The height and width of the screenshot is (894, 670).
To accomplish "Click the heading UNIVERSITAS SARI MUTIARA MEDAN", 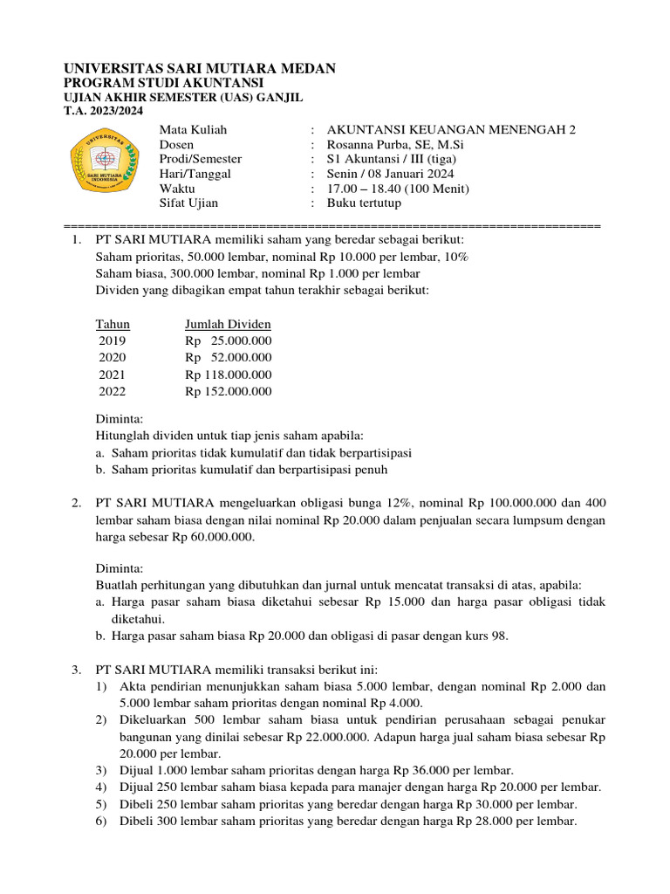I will click(x=200, y=68).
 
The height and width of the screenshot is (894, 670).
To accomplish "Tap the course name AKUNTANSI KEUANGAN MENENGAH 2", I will click(x=451, y=129).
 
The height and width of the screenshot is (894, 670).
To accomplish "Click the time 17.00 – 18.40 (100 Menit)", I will click(x=398, y=189).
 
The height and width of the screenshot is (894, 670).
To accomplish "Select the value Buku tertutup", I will click(x=364, y=203).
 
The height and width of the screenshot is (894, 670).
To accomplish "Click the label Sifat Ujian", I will click(x=188, y=203).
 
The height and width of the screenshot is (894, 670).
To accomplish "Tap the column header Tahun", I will click(x=113, y=324).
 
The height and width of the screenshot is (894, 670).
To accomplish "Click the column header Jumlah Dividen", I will click(x=228, y=324).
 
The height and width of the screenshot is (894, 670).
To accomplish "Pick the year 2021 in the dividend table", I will click(x=113, y=375).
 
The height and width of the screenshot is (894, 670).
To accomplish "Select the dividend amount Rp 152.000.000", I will click(x=228, y=391).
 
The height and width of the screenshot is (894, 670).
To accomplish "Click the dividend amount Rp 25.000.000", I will click(x=228, y=340).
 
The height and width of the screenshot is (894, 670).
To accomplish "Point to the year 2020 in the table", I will click(x=113, y=357).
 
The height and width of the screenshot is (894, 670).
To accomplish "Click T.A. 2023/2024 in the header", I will click(x=104, y=111).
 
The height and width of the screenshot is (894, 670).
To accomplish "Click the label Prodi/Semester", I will click(x=201, y=159).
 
